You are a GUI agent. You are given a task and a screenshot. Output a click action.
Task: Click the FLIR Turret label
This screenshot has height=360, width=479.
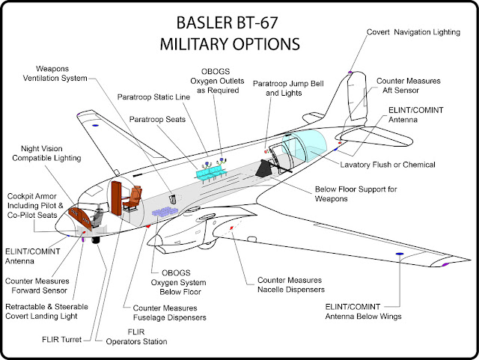click(x=61, y=338)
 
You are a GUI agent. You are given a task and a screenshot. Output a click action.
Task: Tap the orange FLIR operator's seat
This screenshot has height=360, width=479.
click(x=134, y=200)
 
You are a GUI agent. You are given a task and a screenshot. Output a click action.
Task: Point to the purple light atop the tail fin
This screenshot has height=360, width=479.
click(x=350, y=73)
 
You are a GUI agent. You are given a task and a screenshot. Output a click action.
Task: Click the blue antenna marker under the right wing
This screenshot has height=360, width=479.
click(x=400, y=254)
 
